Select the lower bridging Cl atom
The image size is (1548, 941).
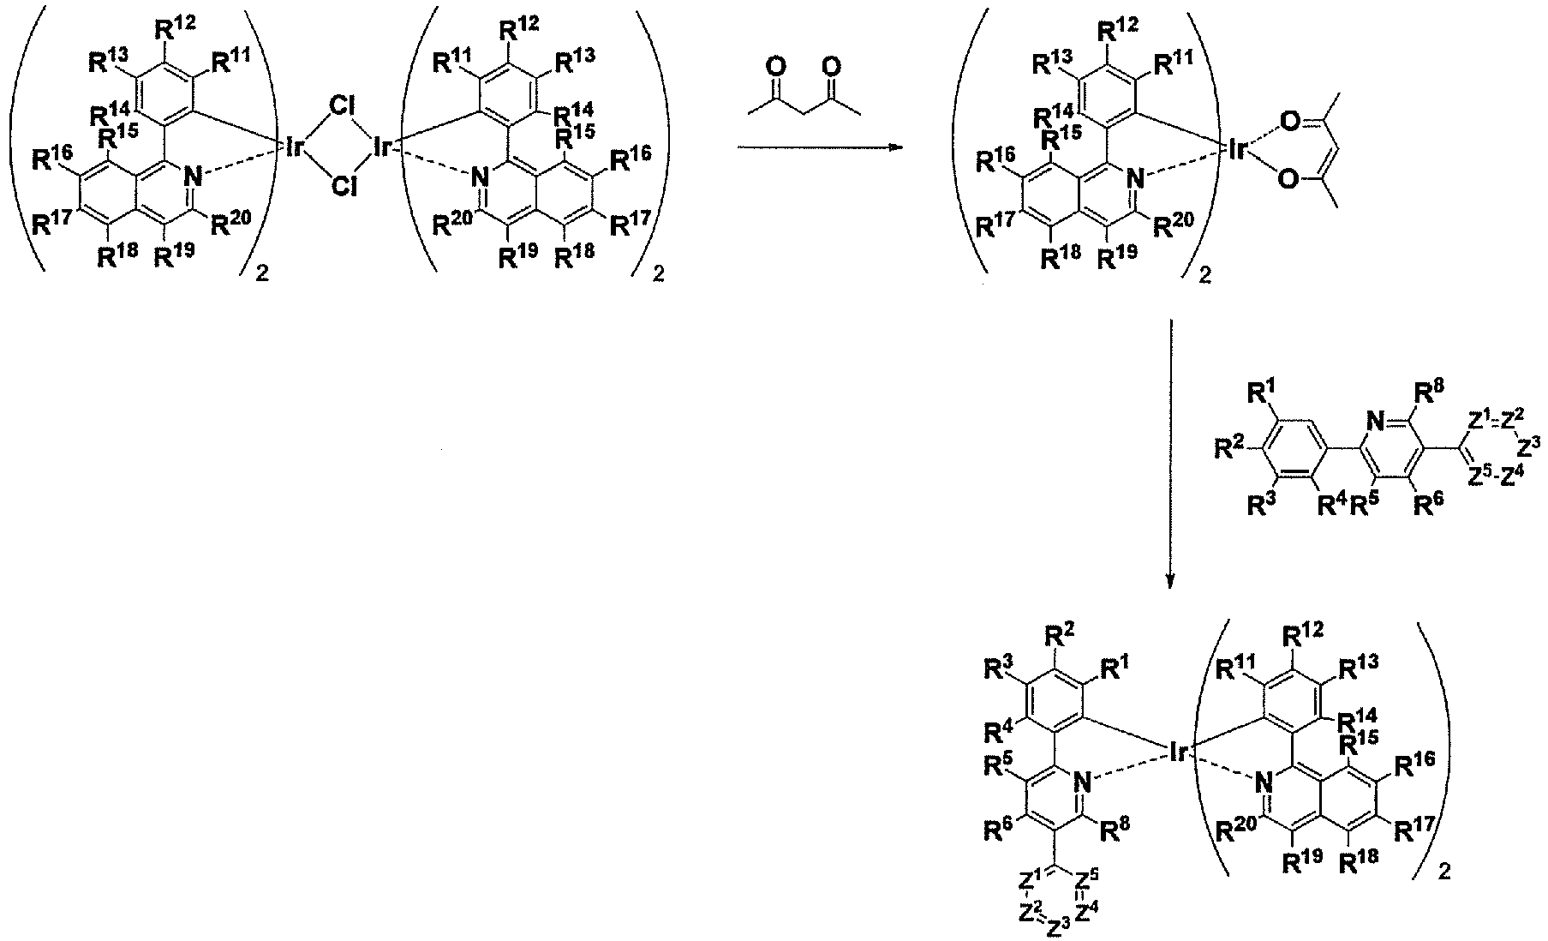point(344,187)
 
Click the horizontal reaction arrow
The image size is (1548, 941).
point(821,147)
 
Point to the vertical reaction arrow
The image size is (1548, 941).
point(1170,453)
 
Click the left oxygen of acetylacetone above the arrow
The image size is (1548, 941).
point(776,66)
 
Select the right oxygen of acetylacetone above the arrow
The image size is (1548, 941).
point(831,66)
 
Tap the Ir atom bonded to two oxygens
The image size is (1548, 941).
point(1238,151)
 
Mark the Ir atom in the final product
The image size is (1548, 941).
point(1179,752)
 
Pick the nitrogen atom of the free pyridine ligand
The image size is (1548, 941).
point(1375,421)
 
